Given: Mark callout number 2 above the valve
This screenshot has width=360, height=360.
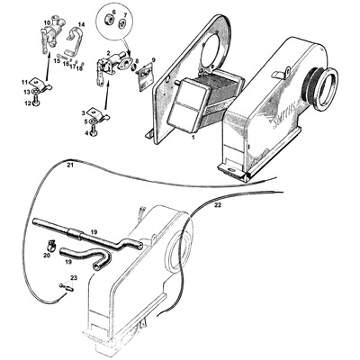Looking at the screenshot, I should [x=108, y=53].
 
